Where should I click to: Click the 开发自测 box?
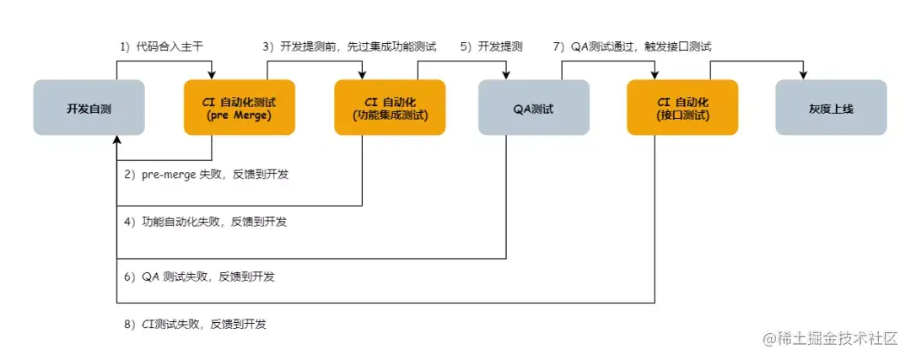89,107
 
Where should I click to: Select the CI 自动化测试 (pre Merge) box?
240,107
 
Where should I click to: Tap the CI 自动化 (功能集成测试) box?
390,107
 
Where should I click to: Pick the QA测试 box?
534,107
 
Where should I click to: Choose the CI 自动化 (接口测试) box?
682,107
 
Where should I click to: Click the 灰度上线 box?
832,107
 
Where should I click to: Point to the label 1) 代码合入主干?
161,47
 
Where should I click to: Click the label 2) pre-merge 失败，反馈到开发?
206,175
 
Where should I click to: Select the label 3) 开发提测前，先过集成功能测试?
349,47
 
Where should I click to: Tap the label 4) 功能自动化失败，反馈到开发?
205,221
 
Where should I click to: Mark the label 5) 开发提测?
492,47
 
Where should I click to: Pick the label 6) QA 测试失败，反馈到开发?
199,277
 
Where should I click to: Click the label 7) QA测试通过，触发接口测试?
632,47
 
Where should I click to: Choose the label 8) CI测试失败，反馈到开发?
195,324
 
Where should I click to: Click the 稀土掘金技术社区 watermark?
830,339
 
